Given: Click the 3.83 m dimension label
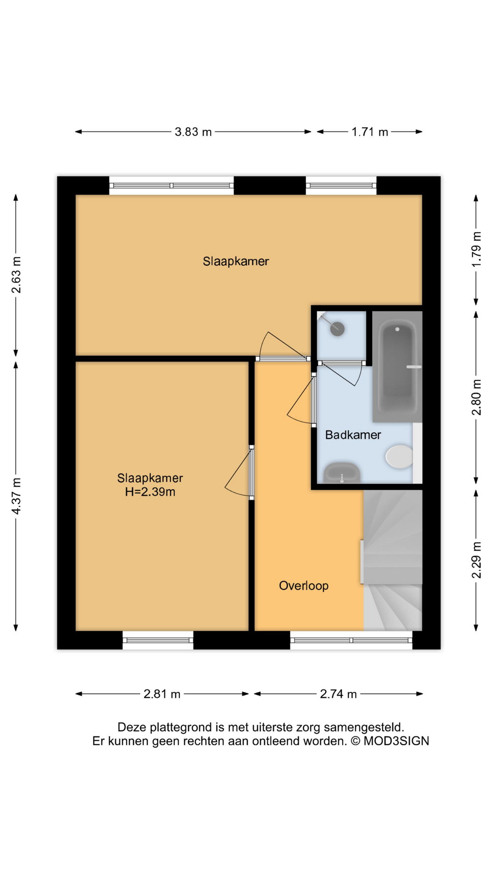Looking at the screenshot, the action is tap(193, 132).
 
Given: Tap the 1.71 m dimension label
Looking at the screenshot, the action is tap(369, 132).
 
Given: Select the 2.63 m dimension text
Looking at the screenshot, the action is tap(16, 275).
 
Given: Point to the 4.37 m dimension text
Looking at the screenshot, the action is tap(16, 496).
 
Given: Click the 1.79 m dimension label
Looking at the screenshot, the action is tap(477, 250).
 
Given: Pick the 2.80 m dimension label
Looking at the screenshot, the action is tap(477, 397).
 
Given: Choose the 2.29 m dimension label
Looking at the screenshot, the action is tap(477, 560).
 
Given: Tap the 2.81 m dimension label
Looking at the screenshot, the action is tap(162, 694).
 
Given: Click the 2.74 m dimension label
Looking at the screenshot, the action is tap(338, 694).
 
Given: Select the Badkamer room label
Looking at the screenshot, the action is tap(353, 435).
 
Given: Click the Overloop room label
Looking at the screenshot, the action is tap(304, 586).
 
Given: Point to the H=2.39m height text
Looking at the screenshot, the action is tap(150, 492).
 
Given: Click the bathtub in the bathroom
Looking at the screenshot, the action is tap(397, 366).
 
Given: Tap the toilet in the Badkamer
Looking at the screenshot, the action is tap(399, 456).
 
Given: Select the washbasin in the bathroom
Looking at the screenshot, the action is tap(342, 473).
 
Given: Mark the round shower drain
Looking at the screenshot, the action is tap(338, 329).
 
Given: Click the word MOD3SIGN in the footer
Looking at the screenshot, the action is tap(396, 741).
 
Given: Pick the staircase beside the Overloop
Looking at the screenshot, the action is tap(393, 560).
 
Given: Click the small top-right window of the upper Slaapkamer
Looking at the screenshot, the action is tap(341, 185).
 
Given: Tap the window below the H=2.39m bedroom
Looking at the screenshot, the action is tap(158, 640).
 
